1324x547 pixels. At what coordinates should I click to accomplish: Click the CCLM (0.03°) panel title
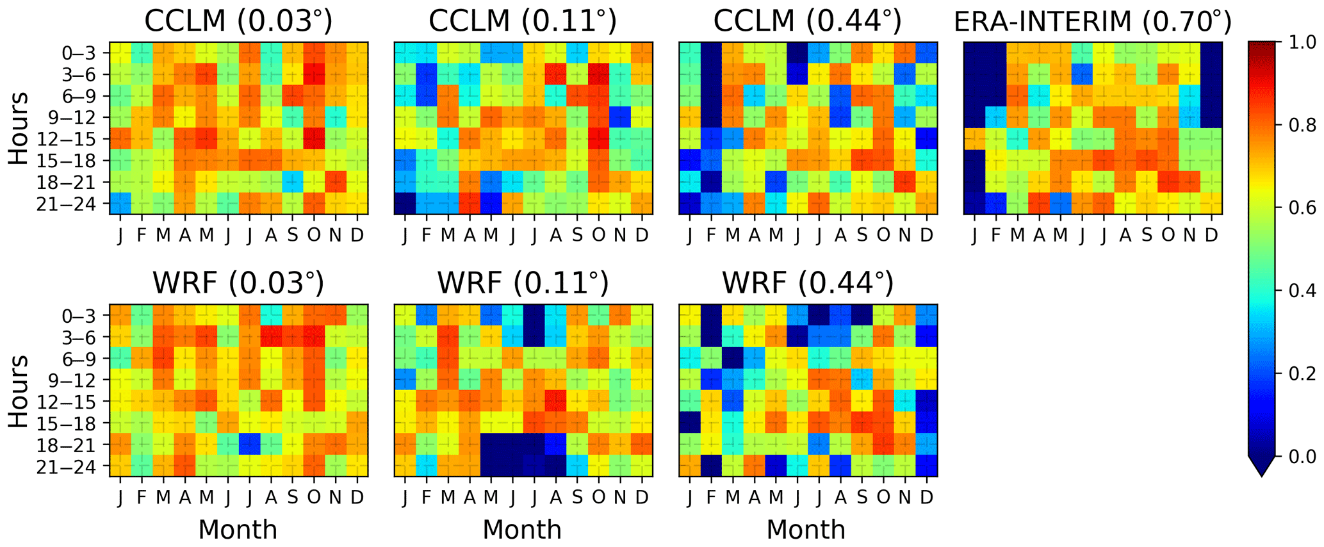coord(238,20)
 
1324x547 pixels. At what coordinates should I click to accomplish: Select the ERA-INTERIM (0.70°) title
coord(1092,20)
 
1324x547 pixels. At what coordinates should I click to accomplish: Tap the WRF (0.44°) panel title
coord(807,282)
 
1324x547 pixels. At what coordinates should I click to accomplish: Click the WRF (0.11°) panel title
coord(523,282)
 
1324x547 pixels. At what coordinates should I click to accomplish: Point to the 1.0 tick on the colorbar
coord(1300,42)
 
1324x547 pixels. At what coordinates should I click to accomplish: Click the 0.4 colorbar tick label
coord(1300,291)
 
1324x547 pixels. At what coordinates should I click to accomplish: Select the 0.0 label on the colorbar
coord(1300,456)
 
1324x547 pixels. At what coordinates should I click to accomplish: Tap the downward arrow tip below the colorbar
coord(1261,474)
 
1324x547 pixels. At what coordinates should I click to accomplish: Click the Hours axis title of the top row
coord(19,128)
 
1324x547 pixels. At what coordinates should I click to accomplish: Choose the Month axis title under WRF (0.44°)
coord(806,530)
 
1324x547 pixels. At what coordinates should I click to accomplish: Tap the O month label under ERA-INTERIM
coord(1168,235)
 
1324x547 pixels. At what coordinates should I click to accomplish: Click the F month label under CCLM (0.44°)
coord(711,235)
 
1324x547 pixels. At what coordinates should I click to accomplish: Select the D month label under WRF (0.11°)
coord(642,497)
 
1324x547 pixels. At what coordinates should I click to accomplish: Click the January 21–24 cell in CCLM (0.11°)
coord(405,204)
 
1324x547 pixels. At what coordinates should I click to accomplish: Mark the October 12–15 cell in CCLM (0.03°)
coord(314,139)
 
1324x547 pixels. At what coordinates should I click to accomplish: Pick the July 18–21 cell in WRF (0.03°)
coord(249,445)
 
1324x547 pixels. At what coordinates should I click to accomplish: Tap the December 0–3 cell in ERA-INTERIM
coord(1211,53)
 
